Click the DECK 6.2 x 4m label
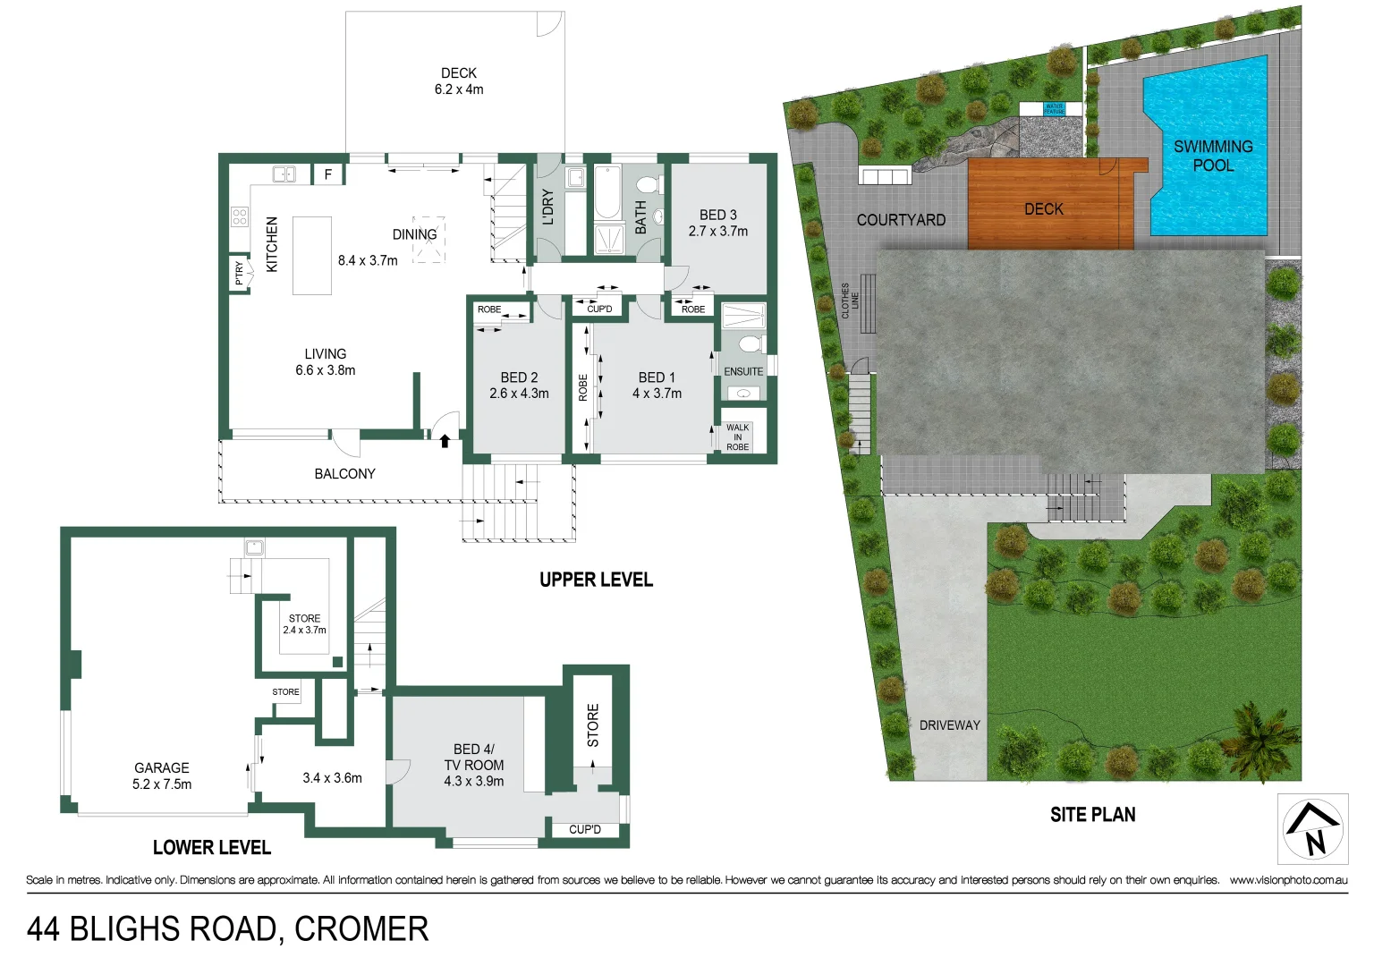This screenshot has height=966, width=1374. [x=459, y=81]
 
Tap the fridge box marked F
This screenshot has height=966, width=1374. [x=328, y=174]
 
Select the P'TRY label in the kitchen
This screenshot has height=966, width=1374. [x=239, y=273]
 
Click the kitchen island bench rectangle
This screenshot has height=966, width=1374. [x=311, y=256]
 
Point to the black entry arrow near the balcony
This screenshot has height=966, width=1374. [x=445, y=440]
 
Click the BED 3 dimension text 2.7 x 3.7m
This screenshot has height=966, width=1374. [x=717, y=231]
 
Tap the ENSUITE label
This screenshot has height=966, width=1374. [x=743, y=371]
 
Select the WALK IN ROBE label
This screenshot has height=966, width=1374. [x=737, y=437]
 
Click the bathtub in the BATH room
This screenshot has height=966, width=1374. [x=607, y=192]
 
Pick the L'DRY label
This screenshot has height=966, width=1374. [x=548, y=207]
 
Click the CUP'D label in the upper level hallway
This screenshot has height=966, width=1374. [x=599, y=309]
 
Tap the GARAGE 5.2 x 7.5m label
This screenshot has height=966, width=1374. [x=162, y=775]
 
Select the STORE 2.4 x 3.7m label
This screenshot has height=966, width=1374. [x=304, y=624]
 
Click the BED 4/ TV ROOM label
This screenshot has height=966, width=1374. [x=473, y=765]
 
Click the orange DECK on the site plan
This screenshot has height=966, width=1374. [x=1044, y=209]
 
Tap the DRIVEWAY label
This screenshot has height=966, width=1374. [x=949, y=725]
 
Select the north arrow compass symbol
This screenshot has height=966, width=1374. [x=1312, y=829]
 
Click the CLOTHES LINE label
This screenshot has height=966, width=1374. [x=850, y=301]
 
